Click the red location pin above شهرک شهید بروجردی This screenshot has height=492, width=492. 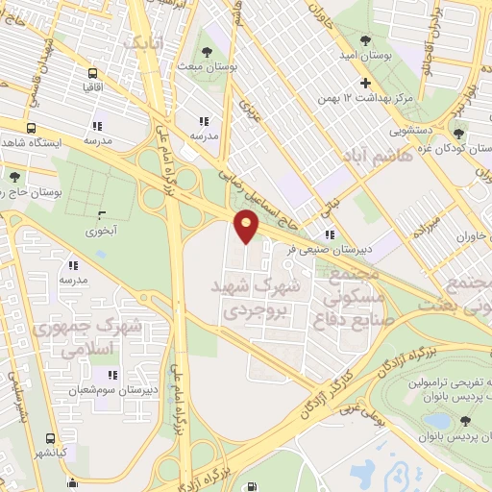pos(247,224)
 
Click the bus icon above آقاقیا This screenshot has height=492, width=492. pos(92,74)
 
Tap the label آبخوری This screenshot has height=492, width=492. pos(101,231)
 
